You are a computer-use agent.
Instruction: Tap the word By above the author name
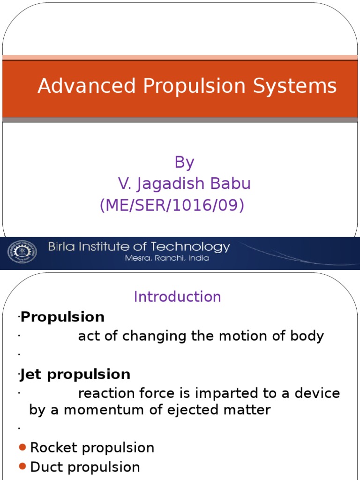click(x=184, y=162)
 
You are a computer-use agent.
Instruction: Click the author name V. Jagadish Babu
click(x=184, y=184)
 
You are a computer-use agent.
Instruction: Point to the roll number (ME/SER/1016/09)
click(x=172, y=205)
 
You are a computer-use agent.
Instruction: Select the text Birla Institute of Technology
click(x=139, y=247)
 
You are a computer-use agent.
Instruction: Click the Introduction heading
click(x=177, y=297)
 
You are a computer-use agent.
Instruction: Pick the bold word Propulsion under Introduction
click(x=63, y=317)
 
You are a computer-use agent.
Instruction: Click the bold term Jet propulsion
click(x=75, y=375)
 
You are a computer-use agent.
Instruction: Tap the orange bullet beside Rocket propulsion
click(x=22, y=448)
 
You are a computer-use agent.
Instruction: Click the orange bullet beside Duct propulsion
click(x=22, y=467)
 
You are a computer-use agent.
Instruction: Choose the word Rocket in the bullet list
click(x=50, y=448)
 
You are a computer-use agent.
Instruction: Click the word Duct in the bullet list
click(x=46, y=467)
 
